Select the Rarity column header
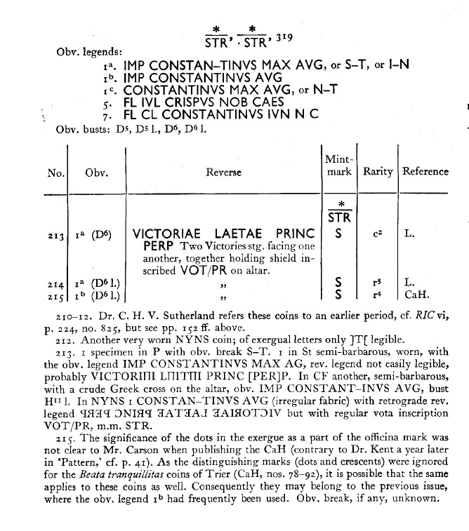point(377,172)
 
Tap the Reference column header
point(425,172)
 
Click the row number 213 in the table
point(57,235)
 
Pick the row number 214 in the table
point(57,283)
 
